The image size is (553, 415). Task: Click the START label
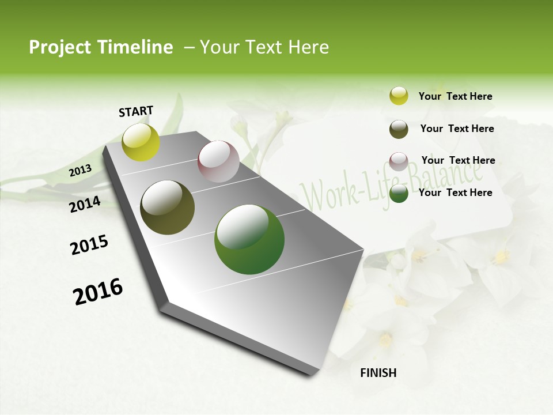click(x=136, y=111)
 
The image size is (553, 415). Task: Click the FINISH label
click(x=378, y=373)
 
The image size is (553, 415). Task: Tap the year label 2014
click(x=85, y=204)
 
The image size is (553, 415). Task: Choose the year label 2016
click(x=98, y=292)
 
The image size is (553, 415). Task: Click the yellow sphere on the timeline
click(x=141, y=142)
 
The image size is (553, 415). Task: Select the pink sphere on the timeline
click(x=218, y=161)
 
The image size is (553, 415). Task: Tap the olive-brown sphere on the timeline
click(x=167, y=207)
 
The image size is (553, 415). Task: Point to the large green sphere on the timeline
click(x=249, y=239)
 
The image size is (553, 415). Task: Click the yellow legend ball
click(x=399, y=96)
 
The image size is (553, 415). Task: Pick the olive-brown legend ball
click(x=399, y=129)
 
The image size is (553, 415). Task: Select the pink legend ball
click(x=399, y=161)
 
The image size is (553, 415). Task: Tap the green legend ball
click(x=399, y=193)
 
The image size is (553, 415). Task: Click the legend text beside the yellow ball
click(x=455, y=96)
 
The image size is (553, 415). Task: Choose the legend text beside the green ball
click(x=455, y=193)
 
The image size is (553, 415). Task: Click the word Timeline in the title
click(x=135, y=47)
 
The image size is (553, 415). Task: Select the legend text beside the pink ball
click(x=458, y=160)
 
